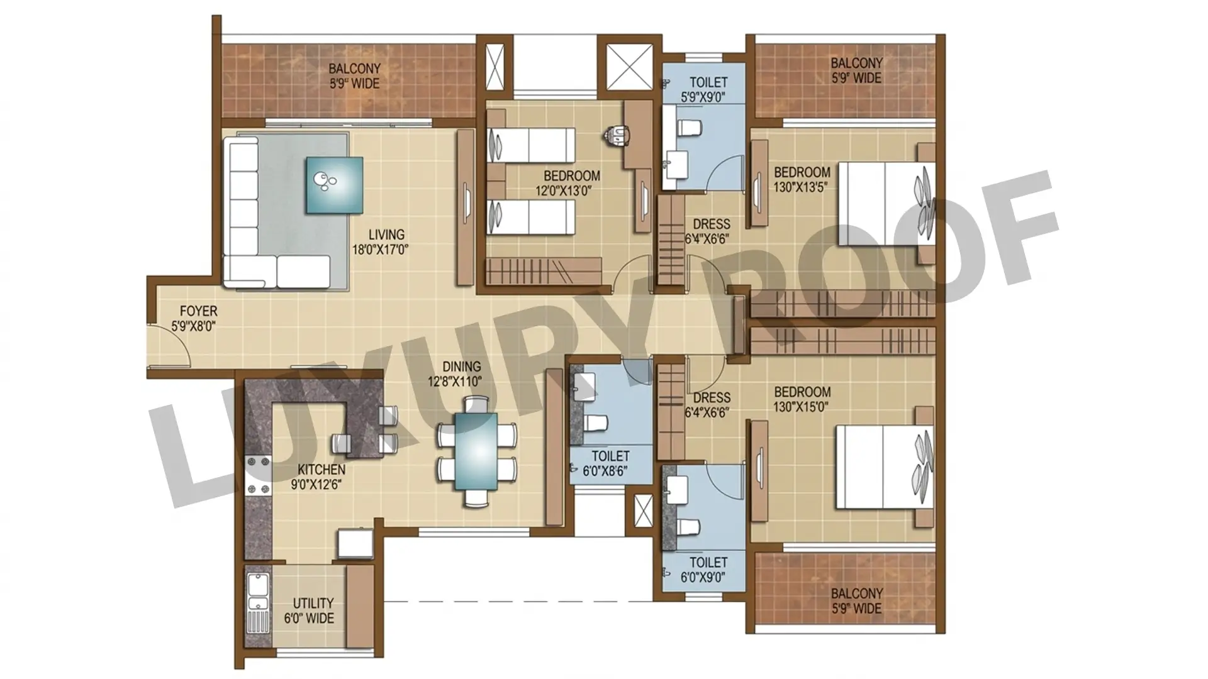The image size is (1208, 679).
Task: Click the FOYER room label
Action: [198, 311]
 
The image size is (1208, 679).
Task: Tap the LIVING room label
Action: [386, 235]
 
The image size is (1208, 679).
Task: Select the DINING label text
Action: [461, 367]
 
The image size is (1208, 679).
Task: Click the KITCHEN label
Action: [322, 470]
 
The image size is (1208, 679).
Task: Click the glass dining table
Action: [476, 450]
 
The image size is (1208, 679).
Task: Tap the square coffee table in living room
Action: [334, 184]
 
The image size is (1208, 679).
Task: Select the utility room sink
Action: [259, 604]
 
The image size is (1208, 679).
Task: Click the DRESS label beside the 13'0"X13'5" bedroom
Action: [712, 224]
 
